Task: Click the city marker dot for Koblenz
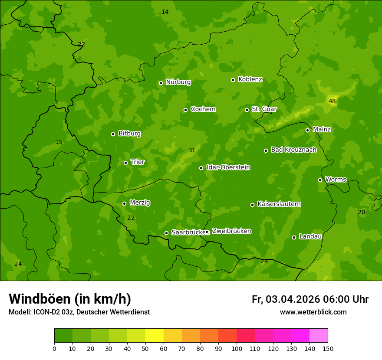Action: point(233,80)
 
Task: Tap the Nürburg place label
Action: point(178,82)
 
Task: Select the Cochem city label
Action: point(203,109)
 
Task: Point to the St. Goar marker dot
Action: point(247,110)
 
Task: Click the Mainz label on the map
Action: point(322,130)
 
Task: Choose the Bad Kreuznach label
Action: point(293,150)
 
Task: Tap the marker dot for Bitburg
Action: point(113,134)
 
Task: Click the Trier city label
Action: point(138,162)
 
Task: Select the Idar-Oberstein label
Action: point(228,167)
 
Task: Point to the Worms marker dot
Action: point(320,180)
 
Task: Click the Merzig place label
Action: point(140,203)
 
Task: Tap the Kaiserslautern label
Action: point(279,204)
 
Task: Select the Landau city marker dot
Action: point(294,237)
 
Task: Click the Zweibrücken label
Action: point(231,231)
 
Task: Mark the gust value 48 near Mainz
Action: point(332,101)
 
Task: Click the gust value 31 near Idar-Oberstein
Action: point(192,151)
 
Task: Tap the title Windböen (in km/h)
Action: point(70,299)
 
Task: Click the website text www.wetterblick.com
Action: point(313,312)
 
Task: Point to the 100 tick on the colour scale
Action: point(237,348)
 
